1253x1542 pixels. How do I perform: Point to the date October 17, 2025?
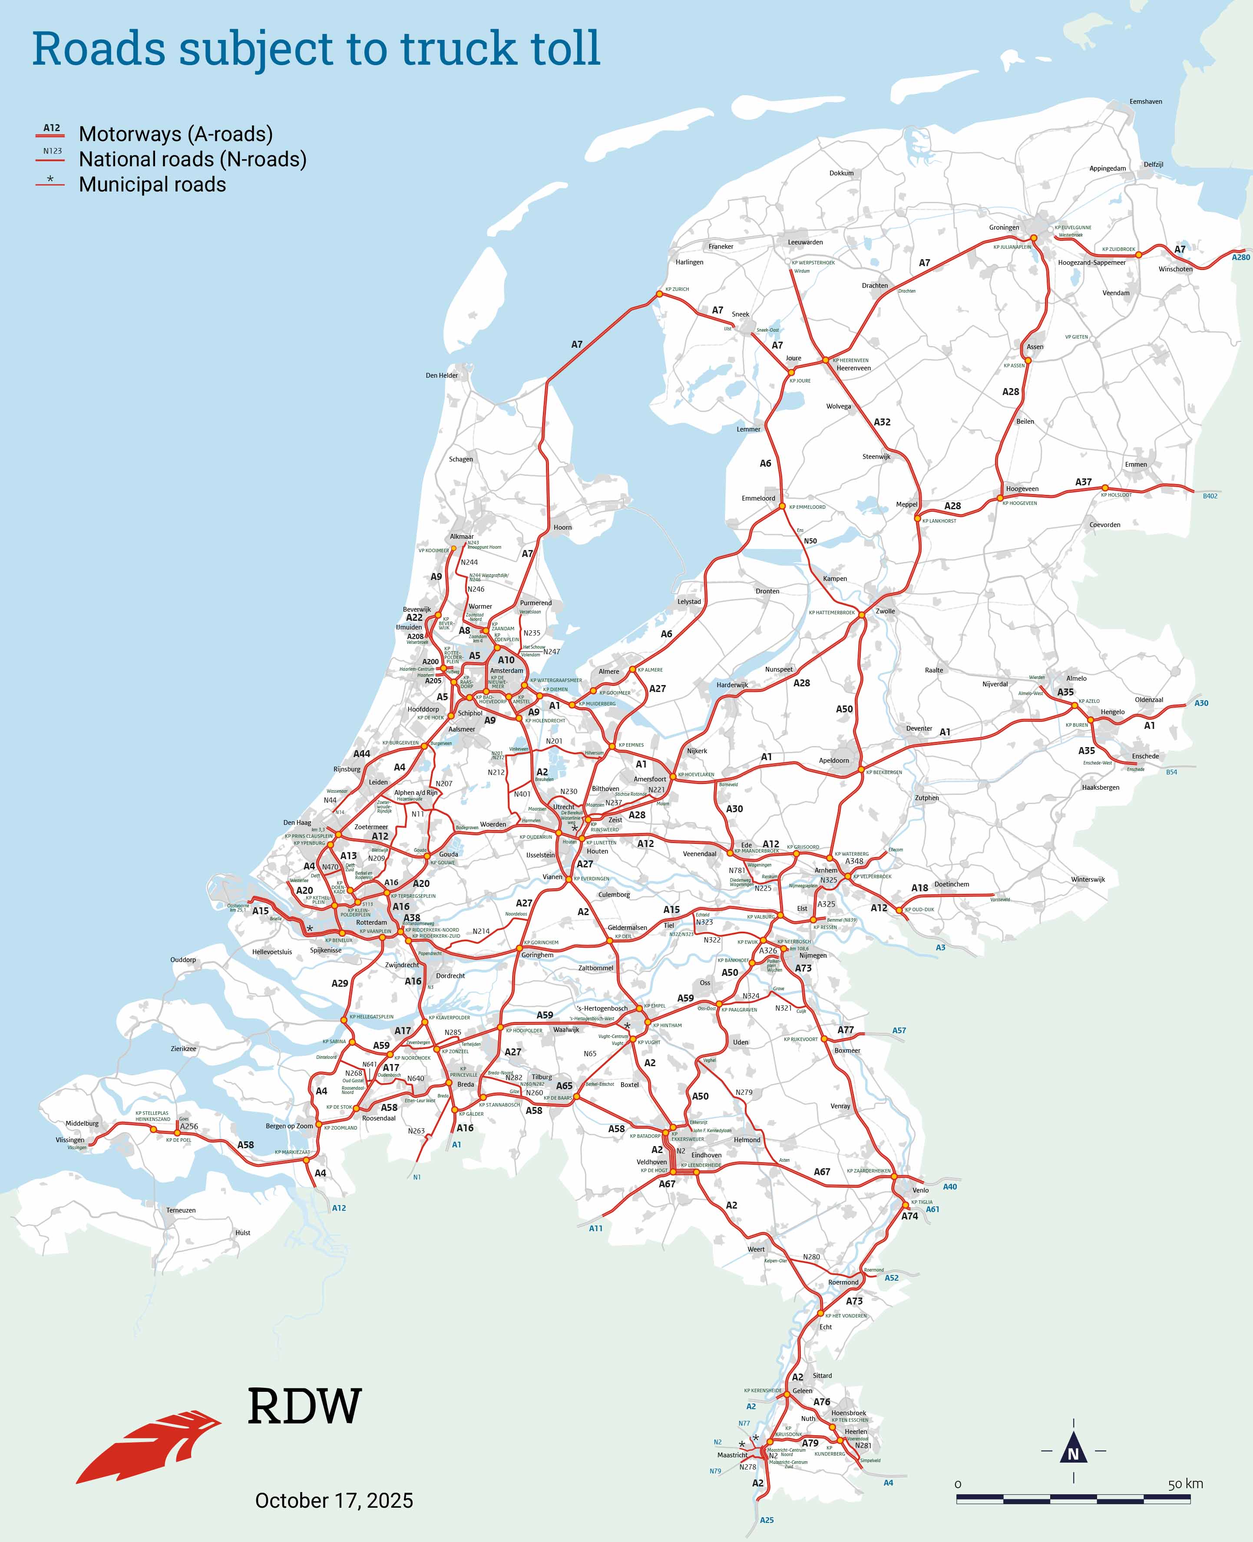334,1500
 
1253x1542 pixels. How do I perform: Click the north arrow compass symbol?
1073,1450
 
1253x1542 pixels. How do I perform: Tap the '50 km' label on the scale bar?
1185,1483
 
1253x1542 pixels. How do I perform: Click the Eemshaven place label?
1145,102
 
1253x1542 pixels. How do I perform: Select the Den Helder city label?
442,375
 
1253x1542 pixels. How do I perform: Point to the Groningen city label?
1004,227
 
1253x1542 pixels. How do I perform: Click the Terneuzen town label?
181,1210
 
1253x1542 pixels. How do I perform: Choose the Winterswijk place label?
1088,880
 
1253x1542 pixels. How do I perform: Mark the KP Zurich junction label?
677,290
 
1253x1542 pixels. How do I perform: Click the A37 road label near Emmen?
1083,482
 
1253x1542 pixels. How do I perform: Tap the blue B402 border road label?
1210,496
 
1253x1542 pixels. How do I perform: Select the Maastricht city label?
733,1455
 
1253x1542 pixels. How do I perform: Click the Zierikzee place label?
183,1048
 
